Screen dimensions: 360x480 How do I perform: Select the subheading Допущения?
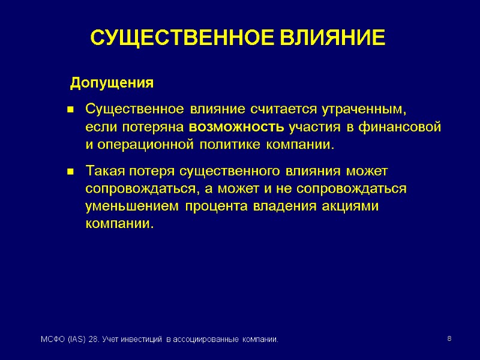click(x=112, y=82)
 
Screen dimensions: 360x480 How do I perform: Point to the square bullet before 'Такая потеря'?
click(x=70, y=172)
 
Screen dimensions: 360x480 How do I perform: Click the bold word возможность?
click(x=237, y=127)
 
